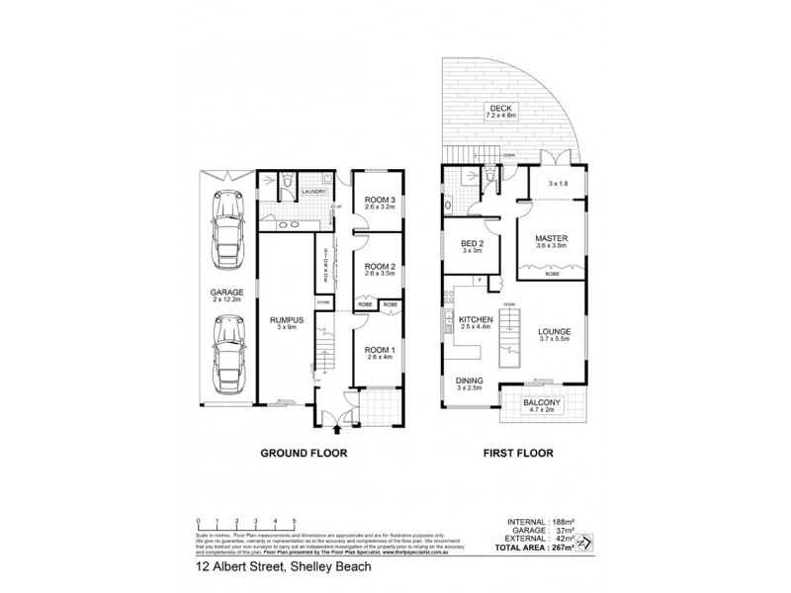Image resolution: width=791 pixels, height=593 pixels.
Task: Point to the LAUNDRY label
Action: [314, 192]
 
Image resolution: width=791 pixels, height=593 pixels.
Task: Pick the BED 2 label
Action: [473, 246]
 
